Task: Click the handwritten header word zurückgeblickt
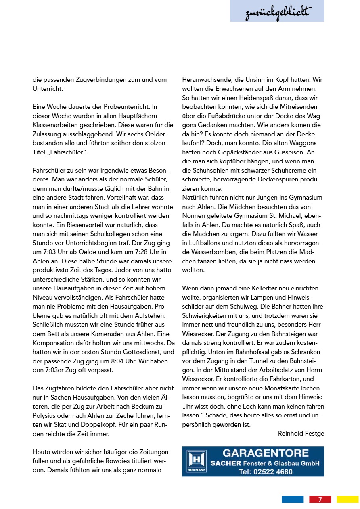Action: [x=277, y=14]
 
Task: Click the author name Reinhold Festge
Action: [x=301, y=433]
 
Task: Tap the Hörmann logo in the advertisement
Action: [x=197, y=461]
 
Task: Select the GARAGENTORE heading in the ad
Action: [x=266, y=453]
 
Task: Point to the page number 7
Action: [x=320, y=499]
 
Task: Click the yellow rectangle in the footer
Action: [x=347, y=499]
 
